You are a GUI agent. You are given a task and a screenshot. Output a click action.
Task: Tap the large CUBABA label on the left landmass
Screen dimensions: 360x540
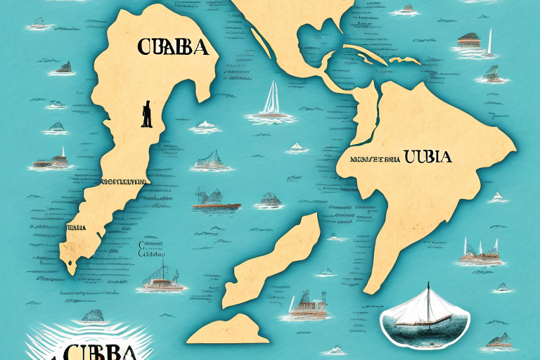(172, 48)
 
